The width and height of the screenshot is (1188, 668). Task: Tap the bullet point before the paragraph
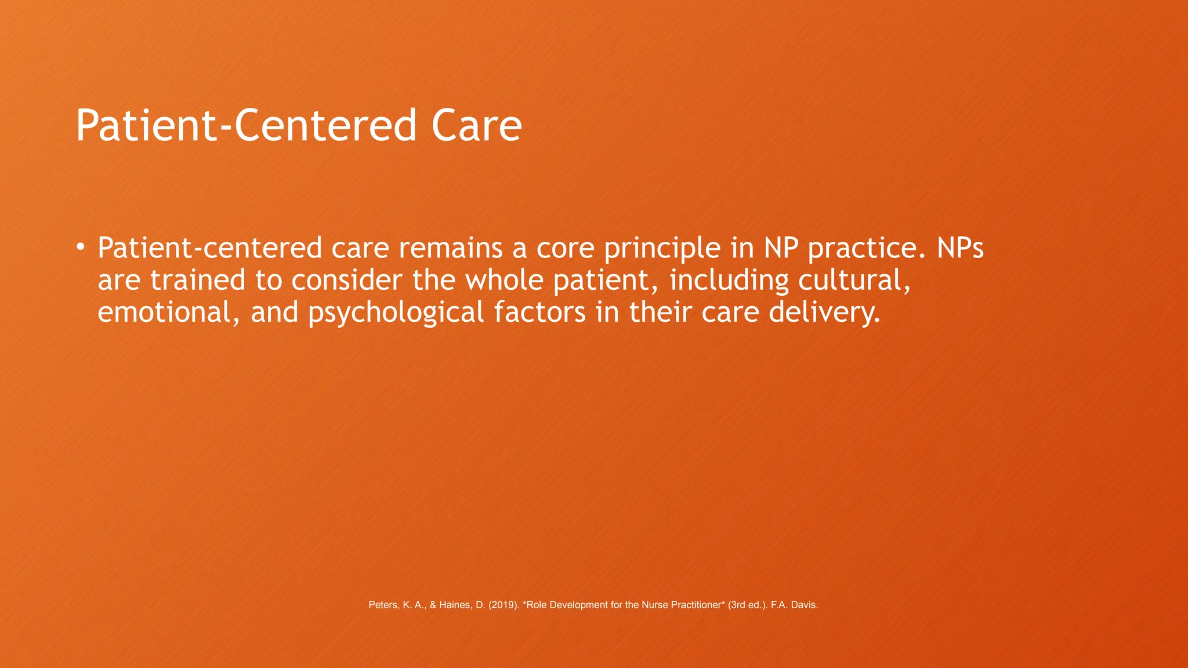(x=80, y=248)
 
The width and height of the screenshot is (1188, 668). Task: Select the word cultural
(x=853, y=281)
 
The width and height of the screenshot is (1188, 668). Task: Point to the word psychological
(x=396, y=313)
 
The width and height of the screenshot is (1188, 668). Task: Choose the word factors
(x=539, y=312)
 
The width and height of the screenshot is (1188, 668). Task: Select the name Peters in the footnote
(x=383, y=605)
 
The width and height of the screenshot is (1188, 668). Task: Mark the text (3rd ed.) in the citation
(x=748, y=605)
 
